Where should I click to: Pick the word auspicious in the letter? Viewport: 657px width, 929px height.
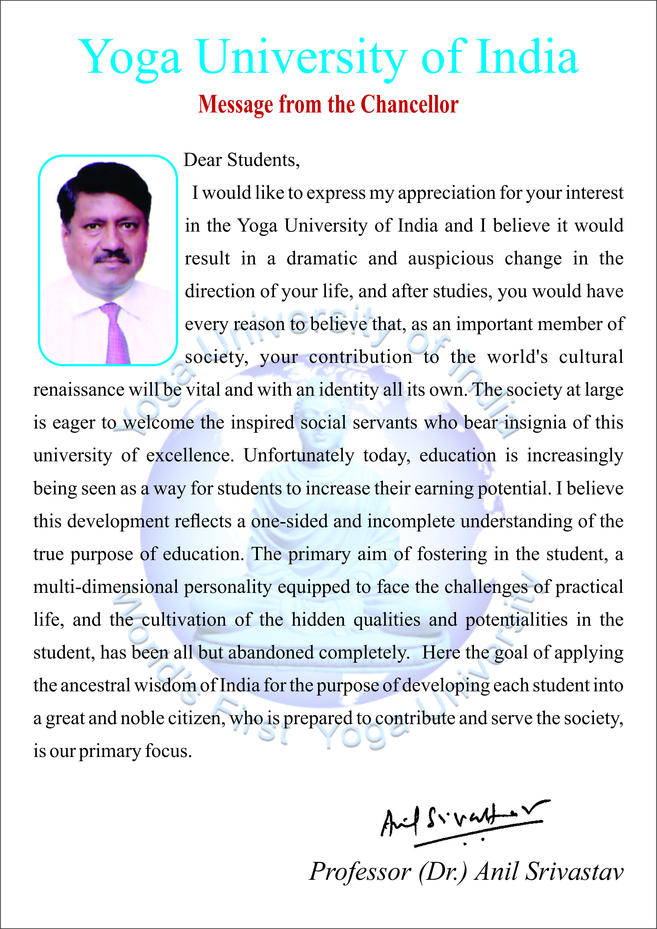click(451, 259)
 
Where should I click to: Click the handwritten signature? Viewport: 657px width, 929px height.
click(461, 822)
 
